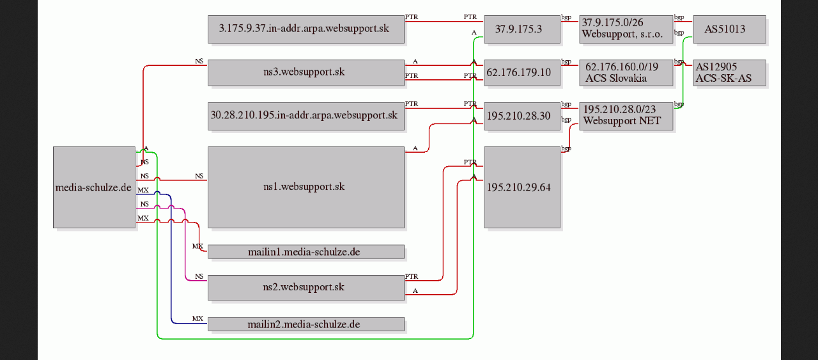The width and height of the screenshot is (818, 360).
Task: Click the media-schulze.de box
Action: point(94,187)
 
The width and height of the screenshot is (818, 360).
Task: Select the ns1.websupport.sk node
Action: point(306,187)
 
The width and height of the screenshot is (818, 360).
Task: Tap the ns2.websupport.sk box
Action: point(306,288)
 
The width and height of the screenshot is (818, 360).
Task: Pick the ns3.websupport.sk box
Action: point(306,73)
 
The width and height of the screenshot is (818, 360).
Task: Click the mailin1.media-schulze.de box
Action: point(306,252)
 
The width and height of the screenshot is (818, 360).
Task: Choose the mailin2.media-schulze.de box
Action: point(306,324)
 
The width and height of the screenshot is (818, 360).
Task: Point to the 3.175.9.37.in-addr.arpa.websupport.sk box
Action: point(306,29)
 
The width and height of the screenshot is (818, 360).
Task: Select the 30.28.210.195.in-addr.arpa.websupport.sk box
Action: point(306,116)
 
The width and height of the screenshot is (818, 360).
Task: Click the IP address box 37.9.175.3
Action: point(522,29)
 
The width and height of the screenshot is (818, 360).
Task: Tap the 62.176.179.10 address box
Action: point(522,73)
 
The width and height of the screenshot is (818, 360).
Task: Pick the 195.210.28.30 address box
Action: point(522,116)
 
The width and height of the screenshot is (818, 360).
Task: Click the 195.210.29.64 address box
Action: point(522,187)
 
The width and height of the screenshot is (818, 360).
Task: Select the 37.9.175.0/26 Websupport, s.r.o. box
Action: point(626,29)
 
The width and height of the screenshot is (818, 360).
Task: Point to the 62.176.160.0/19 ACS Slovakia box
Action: point(626,73)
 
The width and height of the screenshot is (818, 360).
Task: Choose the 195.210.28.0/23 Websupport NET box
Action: point(626,116)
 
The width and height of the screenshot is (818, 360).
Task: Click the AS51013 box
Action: point(730,29)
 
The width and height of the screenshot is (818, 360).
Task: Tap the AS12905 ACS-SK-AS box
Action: point(730,73)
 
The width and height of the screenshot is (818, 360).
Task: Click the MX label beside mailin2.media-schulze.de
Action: point(197,318)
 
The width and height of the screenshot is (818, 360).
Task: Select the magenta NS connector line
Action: point(185,244)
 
